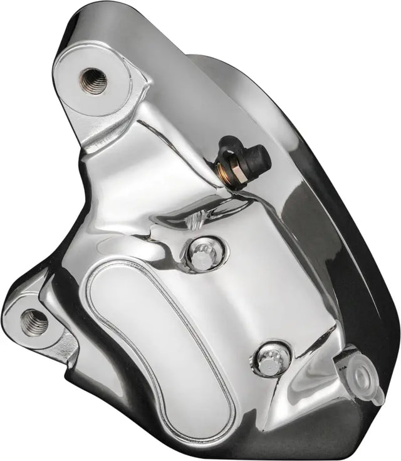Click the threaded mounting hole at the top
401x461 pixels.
(x=91, y=80)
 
